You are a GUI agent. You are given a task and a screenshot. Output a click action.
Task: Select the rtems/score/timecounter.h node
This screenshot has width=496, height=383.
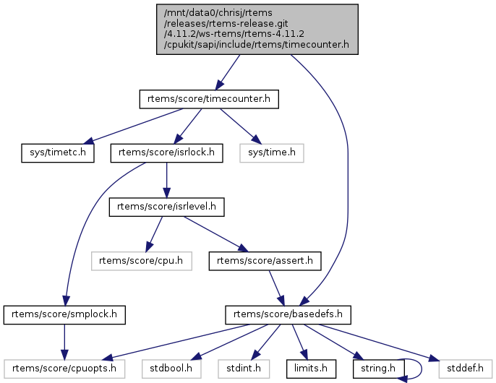[208, 98]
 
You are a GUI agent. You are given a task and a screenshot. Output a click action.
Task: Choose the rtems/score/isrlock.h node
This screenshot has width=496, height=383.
[167, 152]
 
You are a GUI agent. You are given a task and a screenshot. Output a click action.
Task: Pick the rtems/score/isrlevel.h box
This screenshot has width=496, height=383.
[167, 207]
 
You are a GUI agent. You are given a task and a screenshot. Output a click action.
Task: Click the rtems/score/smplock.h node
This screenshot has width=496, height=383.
[65, 315]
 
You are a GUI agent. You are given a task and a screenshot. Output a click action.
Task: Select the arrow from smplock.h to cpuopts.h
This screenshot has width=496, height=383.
[64, 342]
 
